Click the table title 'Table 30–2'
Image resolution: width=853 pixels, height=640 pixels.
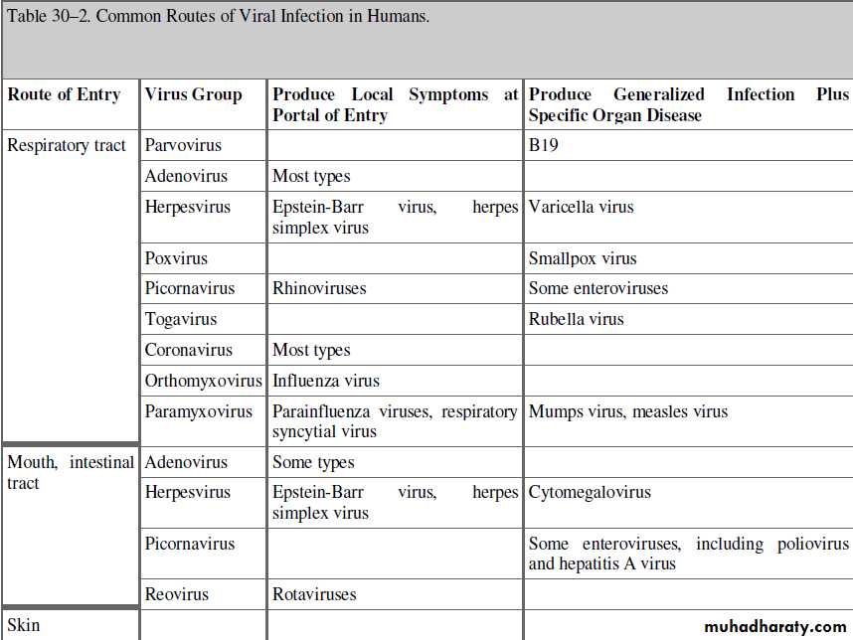(219, 18)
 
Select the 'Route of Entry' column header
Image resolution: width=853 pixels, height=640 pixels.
(64, 95)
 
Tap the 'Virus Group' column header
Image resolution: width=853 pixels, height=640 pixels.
(193, 95)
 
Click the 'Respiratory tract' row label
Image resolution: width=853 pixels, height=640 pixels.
(67, 146)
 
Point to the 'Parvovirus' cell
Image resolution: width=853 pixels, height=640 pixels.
(183, 146)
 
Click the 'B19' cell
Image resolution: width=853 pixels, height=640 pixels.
(545, 146)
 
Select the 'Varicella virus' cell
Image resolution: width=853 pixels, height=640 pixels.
(581, 208)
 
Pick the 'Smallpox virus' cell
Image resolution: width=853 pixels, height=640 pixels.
(583, 258)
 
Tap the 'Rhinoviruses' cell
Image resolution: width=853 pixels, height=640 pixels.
(319, 288)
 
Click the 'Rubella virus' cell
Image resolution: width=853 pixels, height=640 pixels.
(577, 319)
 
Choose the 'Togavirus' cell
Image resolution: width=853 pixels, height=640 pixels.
(181, 319)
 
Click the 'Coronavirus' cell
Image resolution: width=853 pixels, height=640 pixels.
(188, 350)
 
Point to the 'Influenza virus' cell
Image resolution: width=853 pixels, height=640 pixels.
(326, 381)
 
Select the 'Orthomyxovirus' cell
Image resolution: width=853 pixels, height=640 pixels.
(203, 381)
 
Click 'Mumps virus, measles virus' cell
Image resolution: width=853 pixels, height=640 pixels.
(628, 411)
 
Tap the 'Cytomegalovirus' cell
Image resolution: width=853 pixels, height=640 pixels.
(590, 492)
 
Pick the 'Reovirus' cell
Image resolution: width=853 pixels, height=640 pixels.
(177, 594)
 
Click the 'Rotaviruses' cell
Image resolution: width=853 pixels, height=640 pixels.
(314, 594)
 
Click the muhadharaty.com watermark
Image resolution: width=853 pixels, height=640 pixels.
(774, 627)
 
